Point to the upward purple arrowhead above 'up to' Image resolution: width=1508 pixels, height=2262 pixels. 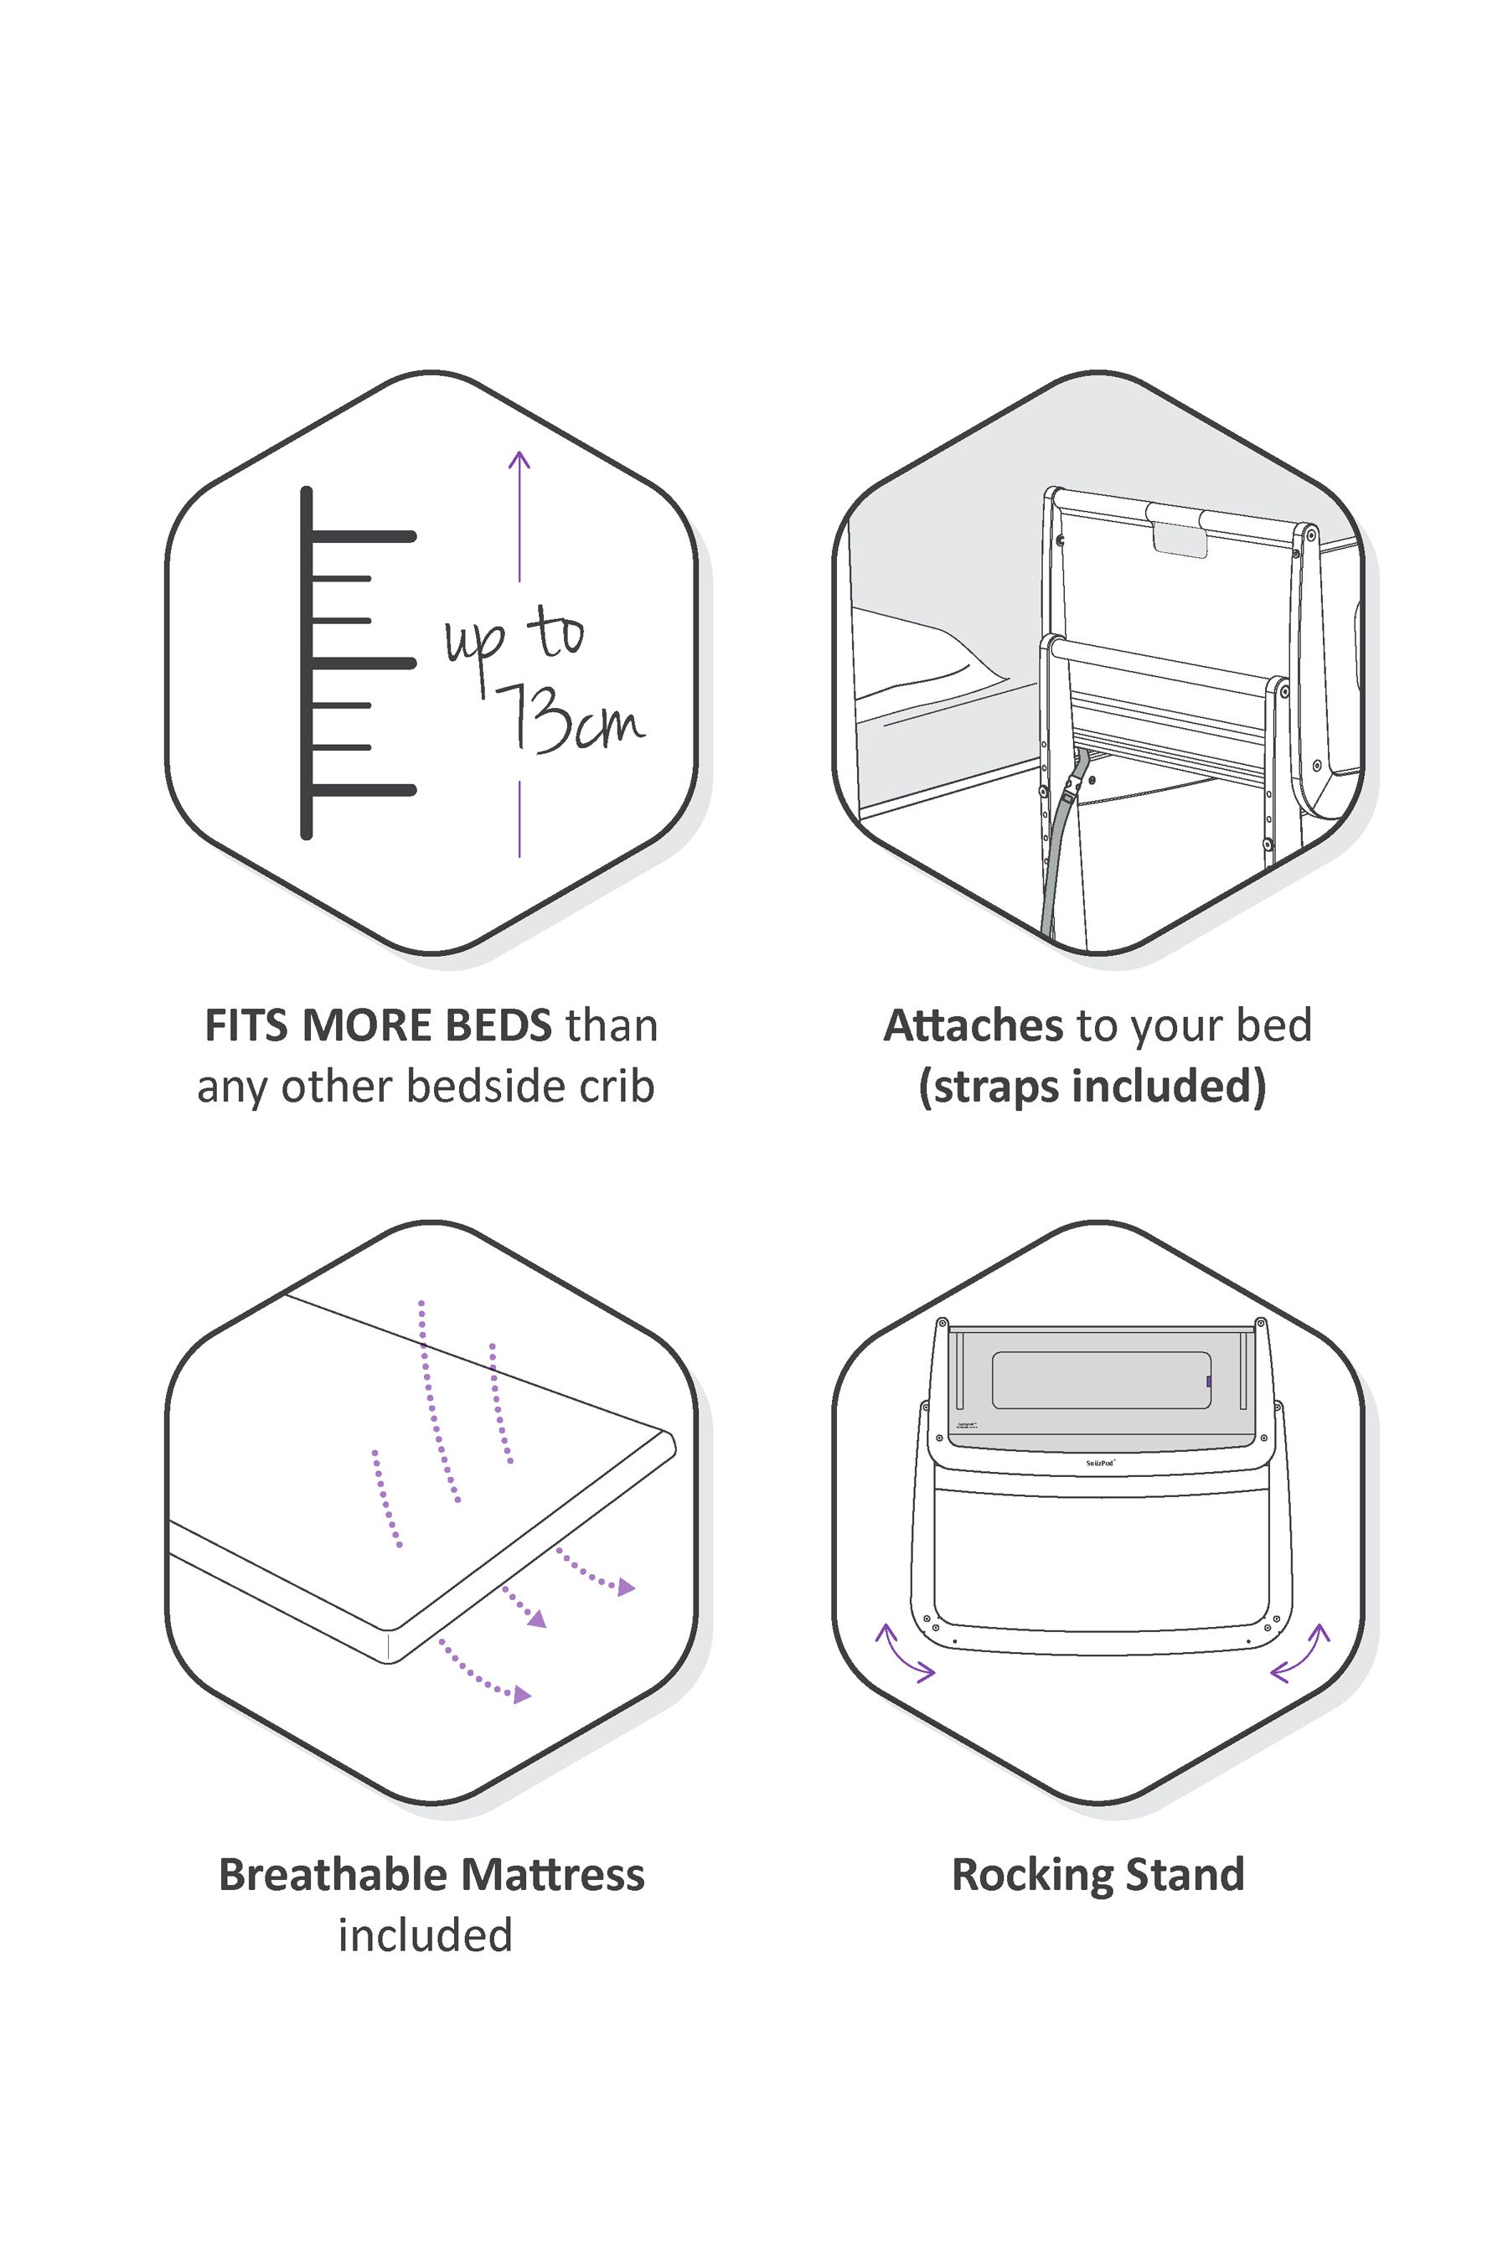pos(519,460)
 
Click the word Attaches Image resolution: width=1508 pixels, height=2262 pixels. pos(973,1026)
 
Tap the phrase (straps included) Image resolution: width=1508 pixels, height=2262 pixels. pos(1092,1087)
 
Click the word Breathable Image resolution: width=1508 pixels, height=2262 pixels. pos(333,1876)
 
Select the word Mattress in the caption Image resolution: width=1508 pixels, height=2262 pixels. pos(552,1876)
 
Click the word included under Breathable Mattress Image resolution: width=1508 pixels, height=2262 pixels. pos(425,1936)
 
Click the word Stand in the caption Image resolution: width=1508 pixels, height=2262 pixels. pos(1185,1876)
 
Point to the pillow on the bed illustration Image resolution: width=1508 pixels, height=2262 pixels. pos(923,654)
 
